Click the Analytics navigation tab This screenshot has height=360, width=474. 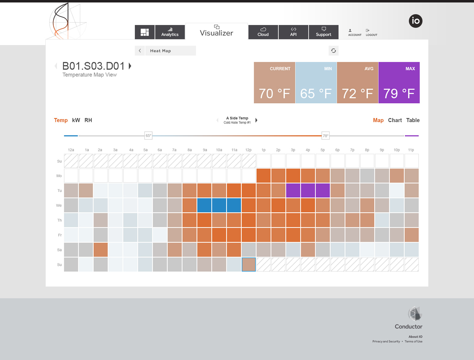(170, 32)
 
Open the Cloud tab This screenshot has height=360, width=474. (263, 32)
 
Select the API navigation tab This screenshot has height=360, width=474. (293, 32)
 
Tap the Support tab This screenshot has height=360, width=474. (323, 32)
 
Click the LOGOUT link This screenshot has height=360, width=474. (371, 33)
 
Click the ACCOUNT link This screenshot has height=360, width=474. (355, 33)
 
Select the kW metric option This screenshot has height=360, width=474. (76, 120)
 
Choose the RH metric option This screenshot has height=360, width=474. (88, 120)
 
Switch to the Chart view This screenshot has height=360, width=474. (395, 120)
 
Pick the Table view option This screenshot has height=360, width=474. (413, 120)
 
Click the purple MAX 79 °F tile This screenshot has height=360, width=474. (399, 83)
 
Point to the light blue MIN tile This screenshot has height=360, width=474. (316, 83)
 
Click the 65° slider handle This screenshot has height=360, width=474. (148, 136)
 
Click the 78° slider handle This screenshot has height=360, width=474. (326, 136)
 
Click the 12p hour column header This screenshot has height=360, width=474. (248, 150)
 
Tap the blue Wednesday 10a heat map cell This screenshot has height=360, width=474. (219, 205)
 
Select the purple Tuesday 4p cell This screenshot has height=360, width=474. (308, 190)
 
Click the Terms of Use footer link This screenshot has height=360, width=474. (414, 341)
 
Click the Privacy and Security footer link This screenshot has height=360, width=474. (386, 341)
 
